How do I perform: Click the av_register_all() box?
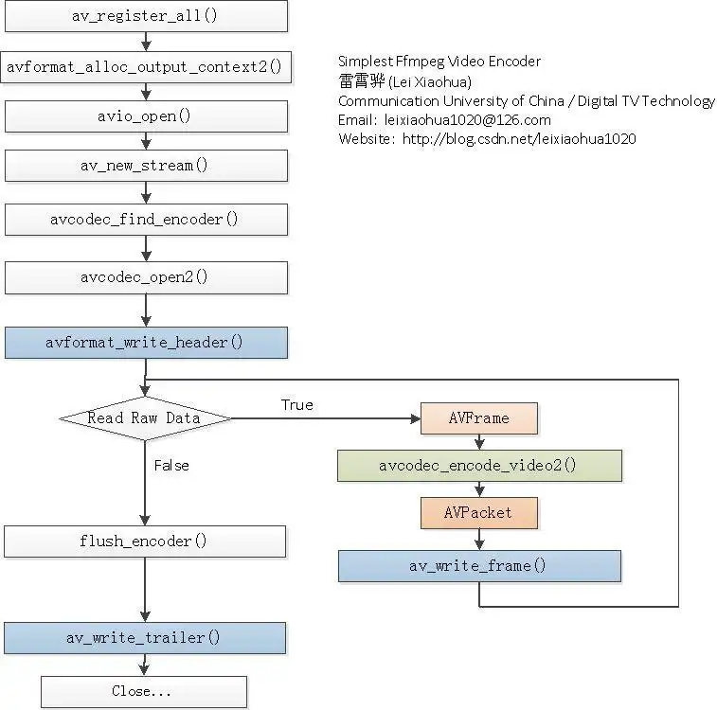click(145, 15)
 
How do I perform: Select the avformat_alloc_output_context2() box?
click(145, 66)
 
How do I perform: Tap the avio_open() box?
click(145, 116)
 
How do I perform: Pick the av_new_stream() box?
click(145, 166)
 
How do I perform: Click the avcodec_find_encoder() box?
click(145, 220)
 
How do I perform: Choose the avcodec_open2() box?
click(145, 277)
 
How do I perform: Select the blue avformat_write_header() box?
click(145, 343)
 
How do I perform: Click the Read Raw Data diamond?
click(145, 417)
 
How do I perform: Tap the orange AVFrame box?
click(479, 418)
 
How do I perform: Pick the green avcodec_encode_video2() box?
click(479, 466)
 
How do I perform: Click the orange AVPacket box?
click(479, 513)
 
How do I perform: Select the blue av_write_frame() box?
click(479, 566)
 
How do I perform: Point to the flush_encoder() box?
click(145, 541)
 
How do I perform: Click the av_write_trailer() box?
click(145, 638)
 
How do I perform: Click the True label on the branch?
click(296, 404)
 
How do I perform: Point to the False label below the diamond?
click(171, 465)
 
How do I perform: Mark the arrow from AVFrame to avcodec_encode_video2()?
click(479, 442)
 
